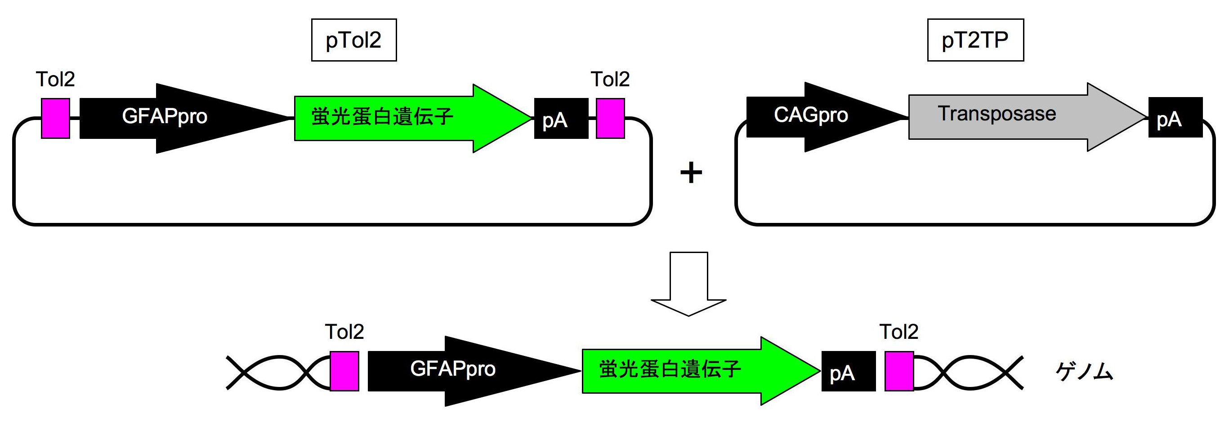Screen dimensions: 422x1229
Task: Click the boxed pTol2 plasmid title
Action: [x=353, y=40]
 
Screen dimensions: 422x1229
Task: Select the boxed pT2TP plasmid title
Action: [x=975, y=40]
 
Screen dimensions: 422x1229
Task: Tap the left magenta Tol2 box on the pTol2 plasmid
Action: [x=55, y=118]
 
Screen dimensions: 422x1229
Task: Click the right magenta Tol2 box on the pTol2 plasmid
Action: [x=610, y=118]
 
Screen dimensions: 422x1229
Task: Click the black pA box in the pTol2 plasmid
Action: [x=561, y=119]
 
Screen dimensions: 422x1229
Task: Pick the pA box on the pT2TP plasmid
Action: [x=1175, y=117]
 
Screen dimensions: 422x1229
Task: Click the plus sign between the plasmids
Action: [x=691, y=173]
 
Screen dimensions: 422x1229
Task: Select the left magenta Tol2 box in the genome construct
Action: [x=344, y=371]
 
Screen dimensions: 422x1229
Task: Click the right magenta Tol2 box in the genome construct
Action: [x=899, y=371]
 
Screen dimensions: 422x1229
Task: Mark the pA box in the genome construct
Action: [x=848, y=371]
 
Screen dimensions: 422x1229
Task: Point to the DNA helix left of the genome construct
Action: [x=277, y=373]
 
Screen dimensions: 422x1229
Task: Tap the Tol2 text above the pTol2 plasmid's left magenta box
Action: [x=55, y=79]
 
